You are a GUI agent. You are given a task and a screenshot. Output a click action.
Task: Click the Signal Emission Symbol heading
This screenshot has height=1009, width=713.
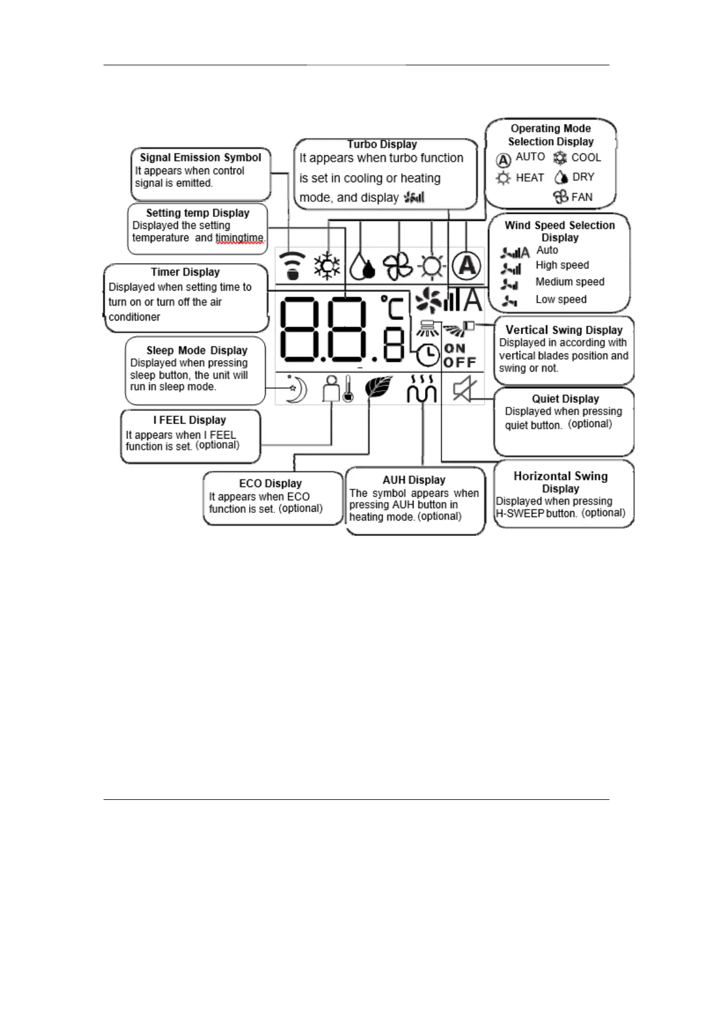200,158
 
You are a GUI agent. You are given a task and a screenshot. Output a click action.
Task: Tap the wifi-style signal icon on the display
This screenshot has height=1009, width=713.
292,265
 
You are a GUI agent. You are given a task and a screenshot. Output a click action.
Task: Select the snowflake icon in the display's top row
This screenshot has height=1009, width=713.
327,265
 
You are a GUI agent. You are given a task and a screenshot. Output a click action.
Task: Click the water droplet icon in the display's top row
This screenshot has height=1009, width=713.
362,267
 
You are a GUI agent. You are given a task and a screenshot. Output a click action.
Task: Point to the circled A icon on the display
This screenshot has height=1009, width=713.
466,265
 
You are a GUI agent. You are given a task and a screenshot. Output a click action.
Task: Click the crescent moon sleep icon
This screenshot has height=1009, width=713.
296,389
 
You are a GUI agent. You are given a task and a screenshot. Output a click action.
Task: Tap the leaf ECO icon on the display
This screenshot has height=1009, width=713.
378,388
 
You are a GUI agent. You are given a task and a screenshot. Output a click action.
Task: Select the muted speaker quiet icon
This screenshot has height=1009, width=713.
463,389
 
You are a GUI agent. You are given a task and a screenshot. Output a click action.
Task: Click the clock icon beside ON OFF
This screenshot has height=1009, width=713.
428,355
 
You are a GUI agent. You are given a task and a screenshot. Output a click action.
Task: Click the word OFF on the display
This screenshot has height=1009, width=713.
460,362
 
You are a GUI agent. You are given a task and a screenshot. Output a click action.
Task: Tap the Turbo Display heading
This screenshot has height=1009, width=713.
382,144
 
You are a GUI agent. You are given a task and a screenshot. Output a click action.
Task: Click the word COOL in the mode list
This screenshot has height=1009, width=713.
585,158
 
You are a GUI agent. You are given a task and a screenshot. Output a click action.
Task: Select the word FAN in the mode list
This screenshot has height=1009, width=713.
582,197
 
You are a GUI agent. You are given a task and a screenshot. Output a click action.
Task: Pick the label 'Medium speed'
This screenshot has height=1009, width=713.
570,282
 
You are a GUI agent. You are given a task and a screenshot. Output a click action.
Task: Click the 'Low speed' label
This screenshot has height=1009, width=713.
561,300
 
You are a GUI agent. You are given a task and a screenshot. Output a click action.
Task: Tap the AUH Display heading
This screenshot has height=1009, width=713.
414,480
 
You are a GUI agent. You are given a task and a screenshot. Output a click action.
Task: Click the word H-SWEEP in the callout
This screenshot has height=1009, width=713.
520,513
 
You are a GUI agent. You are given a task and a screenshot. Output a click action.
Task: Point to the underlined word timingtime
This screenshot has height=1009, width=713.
239,238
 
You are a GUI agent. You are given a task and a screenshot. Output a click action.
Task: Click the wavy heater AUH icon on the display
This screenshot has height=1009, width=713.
421,389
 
